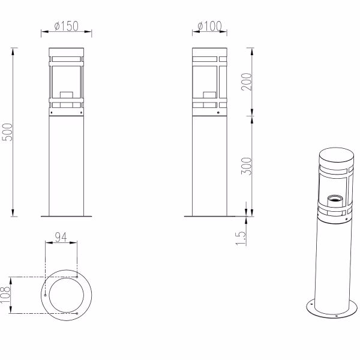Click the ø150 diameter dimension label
[x=66, y=26]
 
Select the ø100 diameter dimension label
[x=210, y=26]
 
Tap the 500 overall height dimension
[x=7, y=132]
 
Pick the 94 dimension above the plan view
[x=61, y=236]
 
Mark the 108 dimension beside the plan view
[x=6, y=295]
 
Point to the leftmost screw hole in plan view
[x=45, y=295]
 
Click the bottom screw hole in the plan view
[x=78, y=313]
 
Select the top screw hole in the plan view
[x=78, y=277]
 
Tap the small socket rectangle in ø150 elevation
[x=66, y=94]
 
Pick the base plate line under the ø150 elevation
[x=66, y=216]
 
